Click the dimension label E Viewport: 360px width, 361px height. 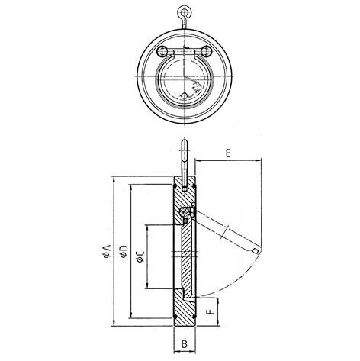[x=229, y=153]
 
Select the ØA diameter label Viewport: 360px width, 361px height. [x=108, y=253]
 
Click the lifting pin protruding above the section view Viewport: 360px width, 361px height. [x=185, y=156]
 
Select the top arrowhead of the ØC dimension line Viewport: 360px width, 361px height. [x=147, y=226]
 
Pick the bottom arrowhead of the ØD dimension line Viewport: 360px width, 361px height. [x=130, y=316]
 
